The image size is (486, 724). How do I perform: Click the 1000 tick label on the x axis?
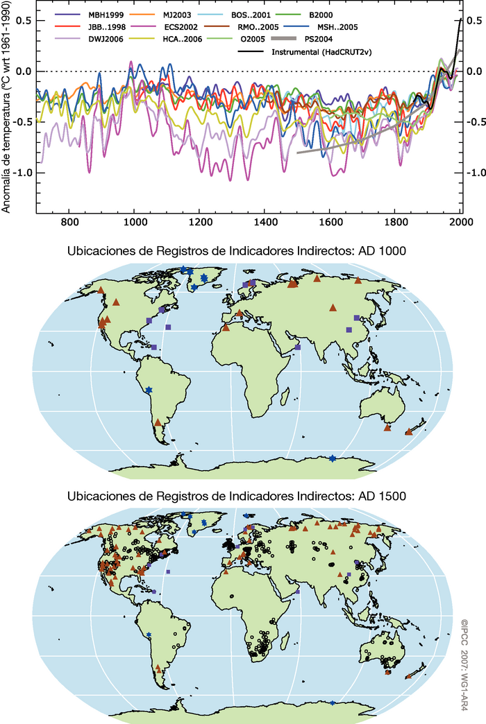point(134,223)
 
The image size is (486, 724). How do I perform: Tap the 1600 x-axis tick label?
point(330,223)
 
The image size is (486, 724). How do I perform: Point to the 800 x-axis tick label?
point(69,223)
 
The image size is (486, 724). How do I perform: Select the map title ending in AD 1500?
point(236,497)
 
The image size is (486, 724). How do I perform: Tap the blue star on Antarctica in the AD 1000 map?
point(333,458)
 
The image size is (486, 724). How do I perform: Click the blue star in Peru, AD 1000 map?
point(149,389)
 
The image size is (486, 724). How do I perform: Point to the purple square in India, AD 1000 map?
point(297,347)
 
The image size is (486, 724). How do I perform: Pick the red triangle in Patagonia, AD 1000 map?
point(158,422)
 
